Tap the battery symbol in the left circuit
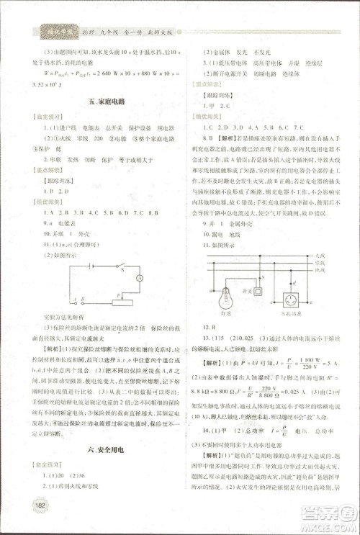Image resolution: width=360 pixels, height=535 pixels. [89, 265]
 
